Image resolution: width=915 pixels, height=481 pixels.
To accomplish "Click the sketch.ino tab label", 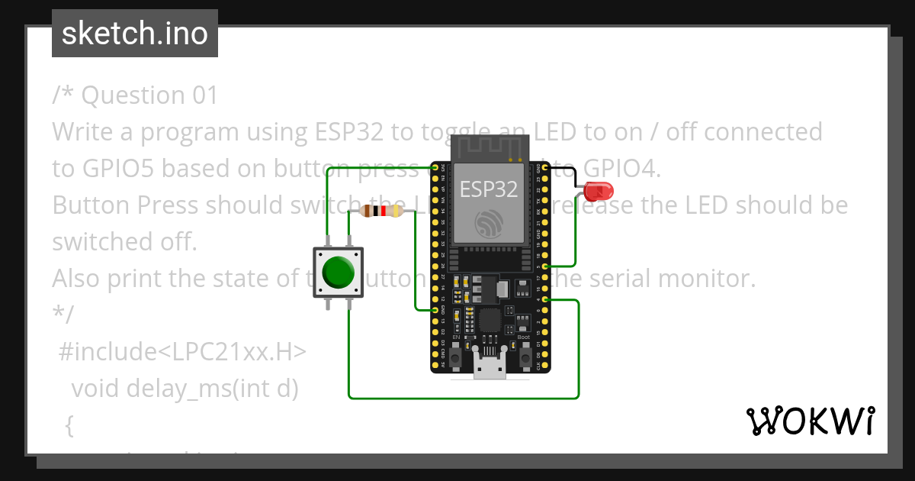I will [x=134, y=34].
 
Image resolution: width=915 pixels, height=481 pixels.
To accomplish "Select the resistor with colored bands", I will [x=380, y=211].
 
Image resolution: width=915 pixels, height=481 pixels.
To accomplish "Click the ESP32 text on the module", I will [x=490, y=189].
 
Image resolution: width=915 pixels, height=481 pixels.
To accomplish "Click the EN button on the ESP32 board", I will [x=455, y=356].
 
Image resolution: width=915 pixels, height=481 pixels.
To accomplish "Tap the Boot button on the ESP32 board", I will [x=525, y=356].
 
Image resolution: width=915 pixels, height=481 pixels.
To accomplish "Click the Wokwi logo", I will [x=811, y=421].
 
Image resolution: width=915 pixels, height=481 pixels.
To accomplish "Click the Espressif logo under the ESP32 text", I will [x=490, y=224].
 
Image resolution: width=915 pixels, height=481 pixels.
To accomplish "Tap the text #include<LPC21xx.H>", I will [x=182, y=352].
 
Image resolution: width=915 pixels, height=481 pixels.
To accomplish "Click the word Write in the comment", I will [x=82, y=132].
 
